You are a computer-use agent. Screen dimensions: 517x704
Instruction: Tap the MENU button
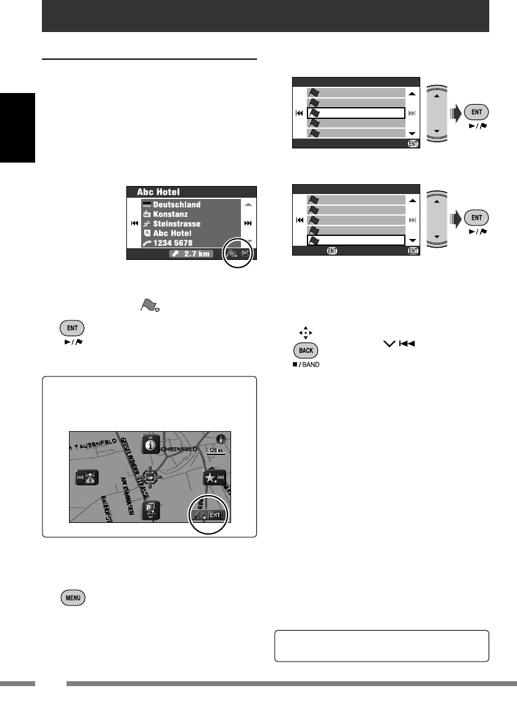pyautogui.click(x=73, y=597)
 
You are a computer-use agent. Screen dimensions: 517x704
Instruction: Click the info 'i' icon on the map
pyautogui.click(x=149, y=444)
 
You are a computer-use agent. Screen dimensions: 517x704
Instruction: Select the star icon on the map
pyautogui.click(x=212, y=479)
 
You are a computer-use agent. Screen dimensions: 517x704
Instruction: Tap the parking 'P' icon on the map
pyautogui.click(x=150, y=510)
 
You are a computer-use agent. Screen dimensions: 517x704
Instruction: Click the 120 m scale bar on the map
pyautogui.click(x=215, y=451)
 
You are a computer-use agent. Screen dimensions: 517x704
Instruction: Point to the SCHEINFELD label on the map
pyautogui.click(x=181, y=450)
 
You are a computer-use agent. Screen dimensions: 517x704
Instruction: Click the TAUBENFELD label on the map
pyautogui.click(x=95, y=442)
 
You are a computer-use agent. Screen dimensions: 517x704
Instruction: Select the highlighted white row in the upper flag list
pyautogui.click(x=355, y=113)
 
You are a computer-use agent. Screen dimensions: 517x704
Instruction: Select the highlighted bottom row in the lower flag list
pyautogui.click(x=355, y=241)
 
